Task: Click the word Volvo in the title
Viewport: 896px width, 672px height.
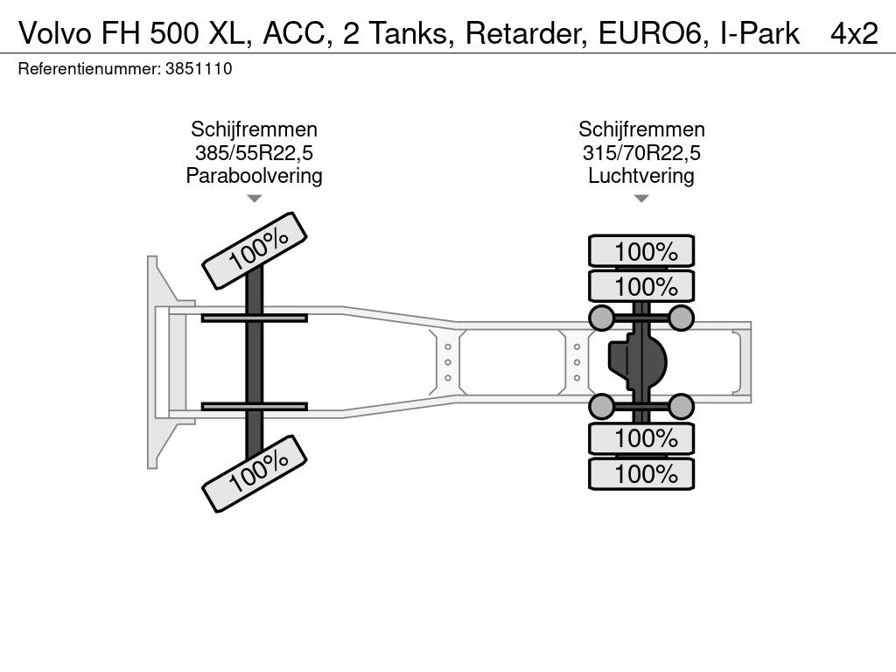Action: pos(55,33)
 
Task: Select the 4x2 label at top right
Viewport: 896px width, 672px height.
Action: pos(854,33)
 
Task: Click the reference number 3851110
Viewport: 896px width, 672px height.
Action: pos(199,69)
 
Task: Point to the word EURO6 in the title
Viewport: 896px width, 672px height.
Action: pos(650,33)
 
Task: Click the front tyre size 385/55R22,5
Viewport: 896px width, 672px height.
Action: pos(255,153)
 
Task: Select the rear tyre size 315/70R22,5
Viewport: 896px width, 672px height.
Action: pos(641,153)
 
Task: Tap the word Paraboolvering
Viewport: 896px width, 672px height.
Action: pos(255,175)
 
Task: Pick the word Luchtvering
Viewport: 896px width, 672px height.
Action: pos(641,175)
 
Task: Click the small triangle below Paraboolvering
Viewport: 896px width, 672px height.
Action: pos(255,199)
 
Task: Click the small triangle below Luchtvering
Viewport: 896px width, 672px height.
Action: pos(641,199)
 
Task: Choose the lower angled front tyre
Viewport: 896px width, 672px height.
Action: pos(255,473)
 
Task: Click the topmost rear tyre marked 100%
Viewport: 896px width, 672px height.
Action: pos(641,251)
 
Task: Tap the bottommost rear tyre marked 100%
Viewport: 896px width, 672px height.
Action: pos(641,473)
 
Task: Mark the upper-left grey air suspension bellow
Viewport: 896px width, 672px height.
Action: pos(601,318)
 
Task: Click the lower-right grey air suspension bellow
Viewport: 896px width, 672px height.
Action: pos(681,406)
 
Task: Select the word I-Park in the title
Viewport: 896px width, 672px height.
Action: pos(759,33)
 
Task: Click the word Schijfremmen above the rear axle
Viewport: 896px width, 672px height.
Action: pos(641,129)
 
